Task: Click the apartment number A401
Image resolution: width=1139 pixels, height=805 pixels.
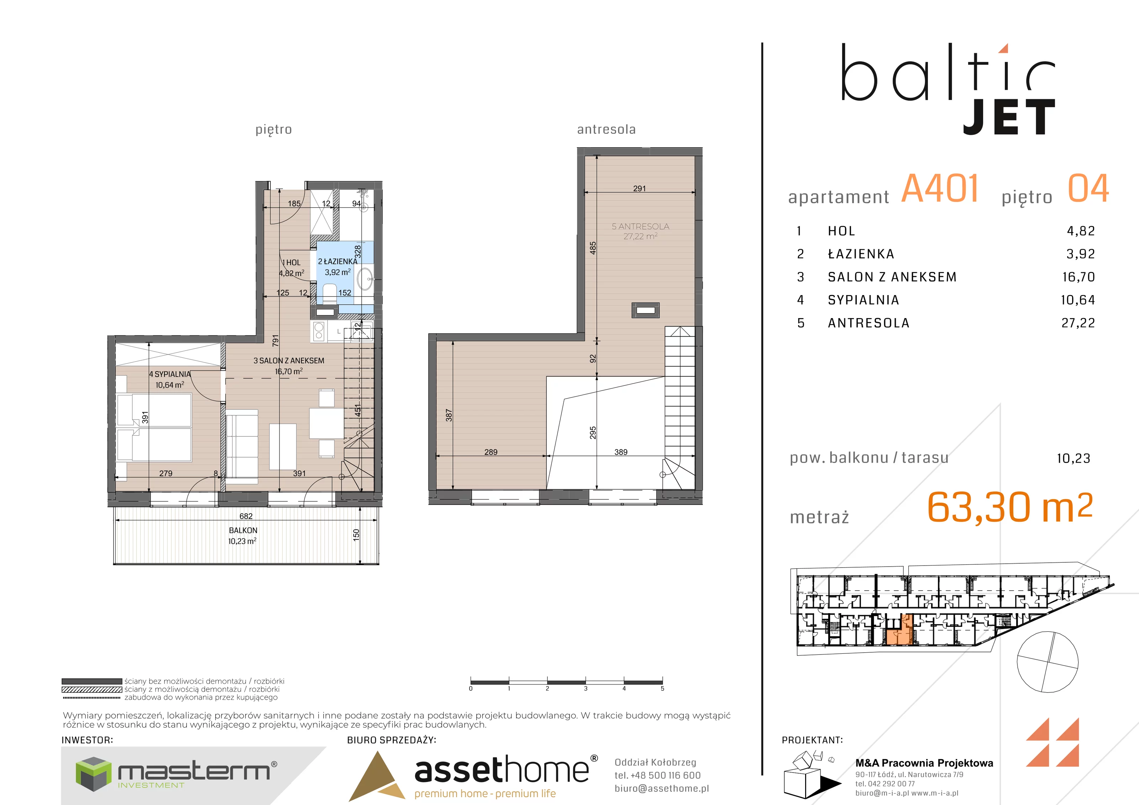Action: click(940, 189)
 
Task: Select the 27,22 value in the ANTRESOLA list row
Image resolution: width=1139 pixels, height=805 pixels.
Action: click(1078, 323)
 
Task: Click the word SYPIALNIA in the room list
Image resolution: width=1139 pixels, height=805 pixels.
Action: click(864, 300)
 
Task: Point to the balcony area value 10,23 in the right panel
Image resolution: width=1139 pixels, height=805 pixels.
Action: click(1074, 458)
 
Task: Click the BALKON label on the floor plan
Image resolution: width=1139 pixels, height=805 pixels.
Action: click(243, 531)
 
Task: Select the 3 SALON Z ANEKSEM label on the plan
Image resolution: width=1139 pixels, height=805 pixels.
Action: click(289, 361)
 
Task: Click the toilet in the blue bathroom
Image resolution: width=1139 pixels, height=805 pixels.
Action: click(329, 294)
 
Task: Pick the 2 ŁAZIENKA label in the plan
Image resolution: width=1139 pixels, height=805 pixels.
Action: click(337, 261)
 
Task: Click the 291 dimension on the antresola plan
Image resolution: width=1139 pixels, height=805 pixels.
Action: click(640, 189)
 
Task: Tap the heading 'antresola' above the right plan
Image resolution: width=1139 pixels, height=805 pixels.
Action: click(606, 130)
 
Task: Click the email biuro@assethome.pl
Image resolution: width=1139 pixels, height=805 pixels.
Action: click(662, 789)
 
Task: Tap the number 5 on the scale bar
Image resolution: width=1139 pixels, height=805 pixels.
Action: click(662, 688)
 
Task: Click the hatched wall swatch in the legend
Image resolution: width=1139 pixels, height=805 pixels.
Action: click(92, 689)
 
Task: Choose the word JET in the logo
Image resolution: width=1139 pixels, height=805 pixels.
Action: click(1009, 117)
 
